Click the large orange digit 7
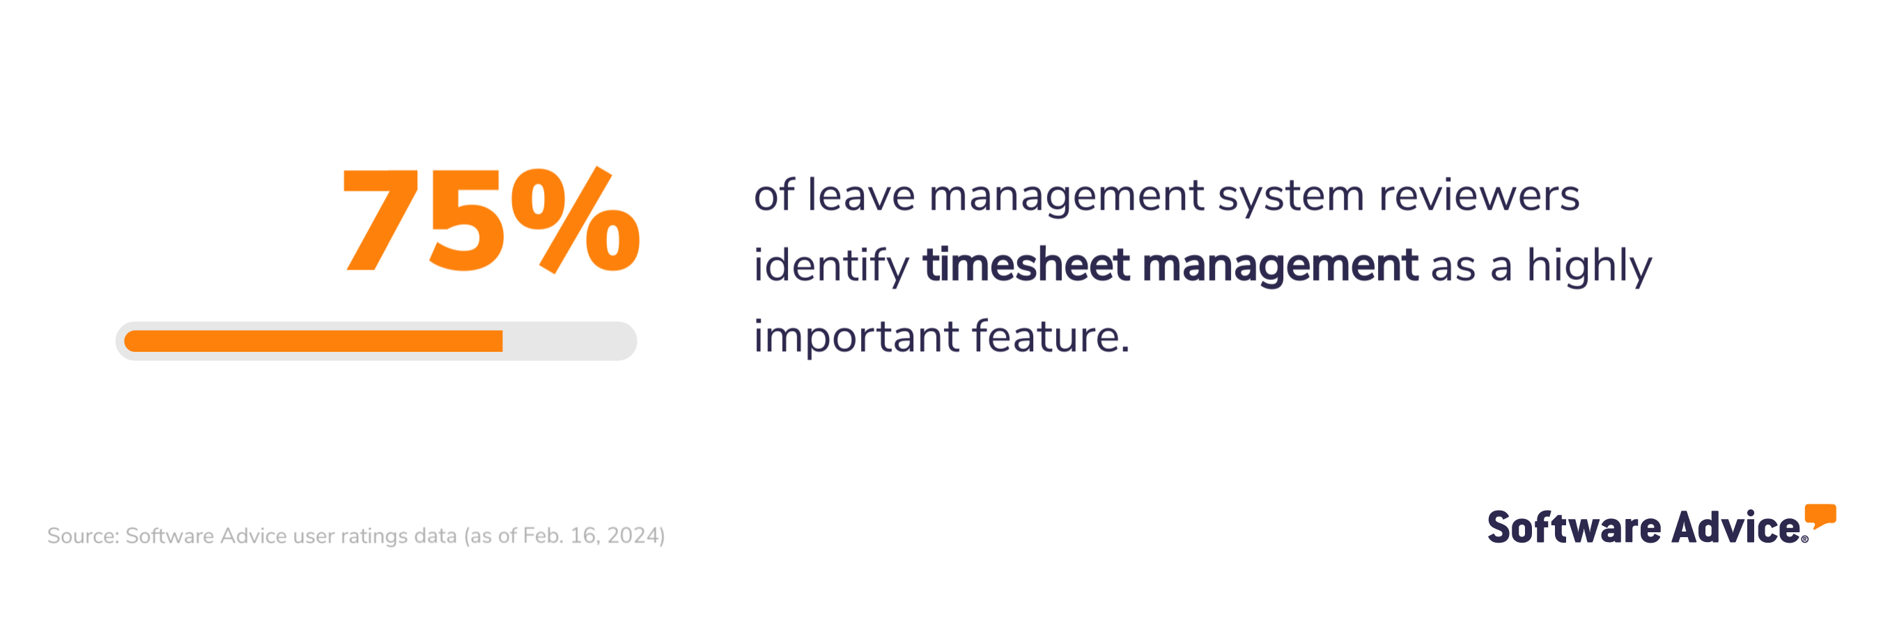pos(380,219)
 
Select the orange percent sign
pos(575,219)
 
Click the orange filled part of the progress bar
pos(314,341)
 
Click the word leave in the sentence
pos(861,196)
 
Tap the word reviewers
pos(1478,196)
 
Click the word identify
pos(831,265)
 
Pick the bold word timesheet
pos(1026,264)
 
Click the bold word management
pos(1280,265)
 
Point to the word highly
pos(1589,265)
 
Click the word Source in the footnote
pos(82,536)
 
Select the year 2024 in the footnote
pos(633,536)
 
